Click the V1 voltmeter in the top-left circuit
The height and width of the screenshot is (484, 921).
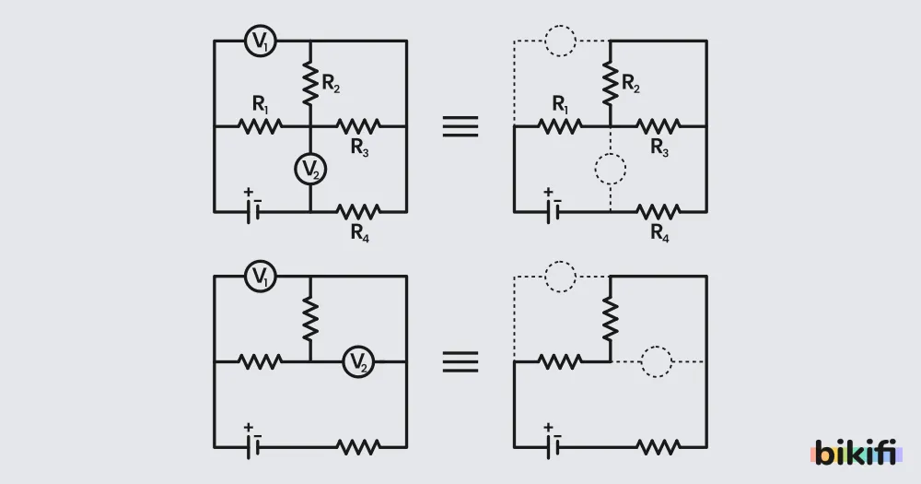[x=261, y=41]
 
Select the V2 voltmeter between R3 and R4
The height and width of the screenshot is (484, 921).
[x=310, y=170]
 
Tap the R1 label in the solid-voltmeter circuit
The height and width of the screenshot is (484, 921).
[x=261, y=105]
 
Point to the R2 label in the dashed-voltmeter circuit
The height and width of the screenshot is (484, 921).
[x=630, y=84]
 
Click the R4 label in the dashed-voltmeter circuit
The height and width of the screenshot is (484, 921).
[x=659, y=233]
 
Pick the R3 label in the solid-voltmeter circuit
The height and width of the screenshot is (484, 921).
[x=359, y=147]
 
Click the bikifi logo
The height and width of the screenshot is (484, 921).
[x=856, y=453]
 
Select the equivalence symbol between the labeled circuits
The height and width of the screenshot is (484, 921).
[x=460, y=126]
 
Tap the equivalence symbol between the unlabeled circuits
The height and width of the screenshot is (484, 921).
[x=460, y=361]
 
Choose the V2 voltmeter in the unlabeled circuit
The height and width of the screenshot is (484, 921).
[x=358, y=361]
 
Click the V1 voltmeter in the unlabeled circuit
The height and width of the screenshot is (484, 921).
[x=261, y=277]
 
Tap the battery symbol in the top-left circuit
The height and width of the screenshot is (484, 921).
[x=252, y=208]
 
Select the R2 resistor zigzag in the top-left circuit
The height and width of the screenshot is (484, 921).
[x=310, y=84]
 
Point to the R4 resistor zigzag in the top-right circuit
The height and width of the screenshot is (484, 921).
[x=659, y=212]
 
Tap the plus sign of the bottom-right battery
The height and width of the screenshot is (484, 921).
[x=548, y=428]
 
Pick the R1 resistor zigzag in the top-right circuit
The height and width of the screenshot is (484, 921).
[x=560, y=126]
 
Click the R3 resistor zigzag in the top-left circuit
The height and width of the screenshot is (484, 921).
[x=358, y=126]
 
